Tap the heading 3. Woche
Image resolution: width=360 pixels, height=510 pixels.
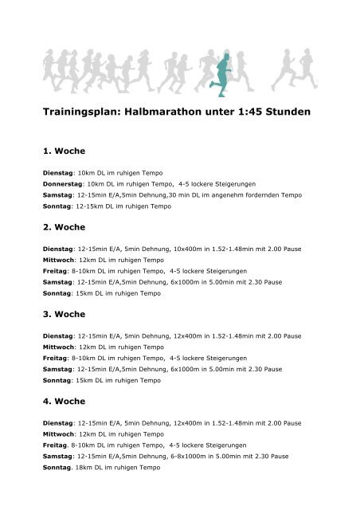click(63, 315)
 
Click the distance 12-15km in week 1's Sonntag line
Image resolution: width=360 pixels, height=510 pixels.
click(87, 205)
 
